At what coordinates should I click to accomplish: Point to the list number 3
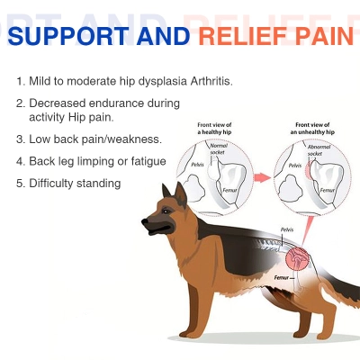20,139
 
